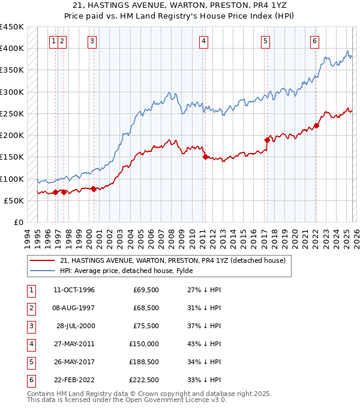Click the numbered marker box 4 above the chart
point(204,41)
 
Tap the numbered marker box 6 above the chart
point(314,41)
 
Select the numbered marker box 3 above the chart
point(92,41)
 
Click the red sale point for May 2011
point(205,157)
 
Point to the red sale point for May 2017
point(266,140)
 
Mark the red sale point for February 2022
point(316,125)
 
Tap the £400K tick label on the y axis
point(12,49)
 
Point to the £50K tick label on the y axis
point(14,200)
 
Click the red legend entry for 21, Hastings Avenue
point(173,260)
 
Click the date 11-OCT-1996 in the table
point(74,290)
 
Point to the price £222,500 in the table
point(145,380)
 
